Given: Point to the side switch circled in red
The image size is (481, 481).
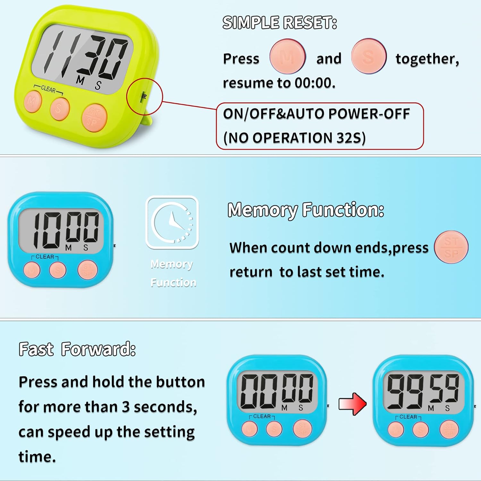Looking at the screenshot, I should click(x=144, y=96).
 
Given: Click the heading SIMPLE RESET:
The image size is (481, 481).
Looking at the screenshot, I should click(x=280, y=23).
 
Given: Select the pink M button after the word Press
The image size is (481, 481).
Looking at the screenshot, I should click(x=287, y=57).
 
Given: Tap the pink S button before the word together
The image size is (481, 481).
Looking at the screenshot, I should click(x=368, y=57).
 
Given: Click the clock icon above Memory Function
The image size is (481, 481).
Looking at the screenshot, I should click(x=173, y=222).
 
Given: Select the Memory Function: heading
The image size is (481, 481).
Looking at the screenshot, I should click(x=306, y=210).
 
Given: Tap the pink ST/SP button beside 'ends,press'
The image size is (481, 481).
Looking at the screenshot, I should click(x=451, y=247).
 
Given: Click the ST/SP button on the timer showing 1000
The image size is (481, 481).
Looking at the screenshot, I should click(x=88, y=270).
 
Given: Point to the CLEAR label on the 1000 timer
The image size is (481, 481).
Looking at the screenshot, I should click(x=45, y=257).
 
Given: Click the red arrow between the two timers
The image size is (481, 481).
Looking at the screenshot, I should click(x=352, y=404).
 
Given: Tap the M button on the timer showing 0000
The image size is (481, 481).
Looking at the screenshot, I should click(x=250, y=429).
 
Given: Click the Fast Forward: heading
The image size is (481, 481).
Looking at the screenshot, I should click(x=77, y=349).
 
